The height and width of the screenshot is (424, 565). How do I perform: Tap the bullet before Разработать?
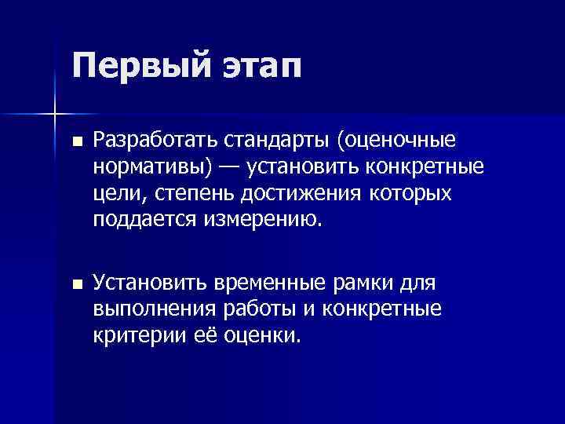point(75,142)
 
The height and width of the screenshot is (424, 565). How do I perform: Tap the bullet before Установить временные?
point(75,285)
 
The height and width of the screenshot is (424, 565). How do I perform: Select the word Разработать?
point(155,142)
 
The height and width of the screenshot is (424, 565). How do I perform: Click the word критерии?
point(135,335)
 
